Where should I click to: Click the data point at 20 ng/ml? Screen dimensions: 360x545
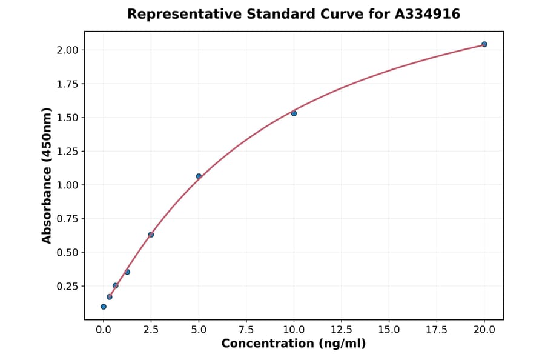[484, 44]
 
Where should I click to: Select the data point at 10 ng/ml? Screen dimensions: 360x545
[294, 113]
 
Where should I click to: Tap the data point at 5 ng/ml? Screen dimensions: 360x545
[199, 176]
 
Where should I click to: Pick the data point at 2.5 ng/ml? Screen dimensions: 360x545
[151, 235]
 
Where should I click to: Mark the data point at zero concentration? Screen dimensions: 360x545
[104, 307]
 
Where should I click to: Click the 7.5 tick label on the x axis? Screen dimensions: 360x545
[246, 330]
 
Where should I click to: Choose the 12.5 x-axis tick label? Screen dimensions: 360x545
[342, 330]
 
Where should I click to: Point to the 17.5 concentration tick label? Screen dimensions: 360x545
[437, 330]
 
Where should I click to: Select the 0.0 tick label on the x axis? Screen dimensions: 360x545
[104, 330]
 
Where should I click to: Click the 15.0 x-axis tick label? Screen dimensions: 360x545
[389, 330]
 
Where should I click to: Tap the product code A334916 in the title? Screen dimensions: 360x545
[428, 14]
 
